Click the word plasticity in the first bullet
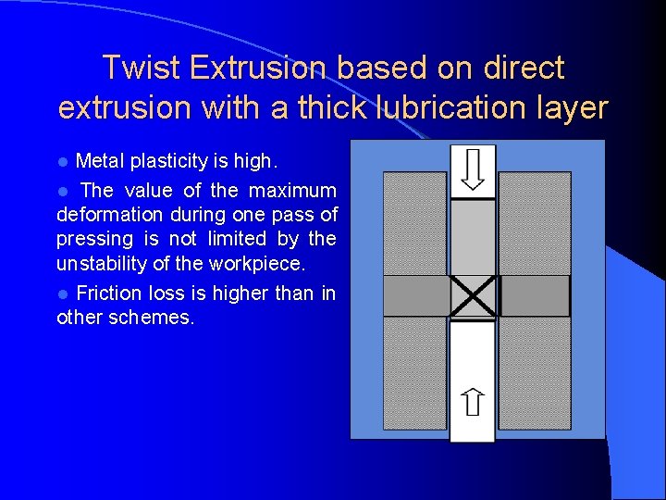pos(169,161)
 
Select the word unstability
pos(102,263)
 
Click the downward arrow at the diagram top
pos(473,169)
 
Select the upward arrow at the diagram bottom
pos(473,401)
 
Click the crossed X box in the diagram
pos(474,296)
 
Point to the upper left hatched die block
pos(415,222)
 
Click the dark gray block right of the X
pos(535,296)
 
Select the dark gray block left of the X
pos(415,296)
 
